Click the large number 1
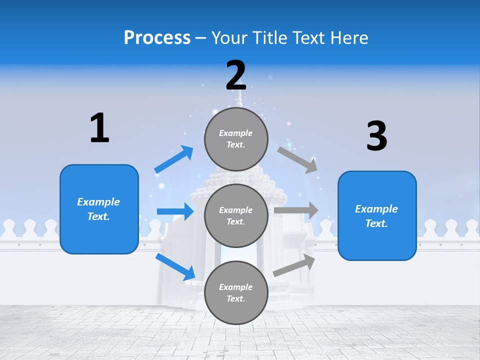[x=99, y=128]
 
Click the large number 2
[x=236, y=75]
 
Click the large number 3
[x=376, y=136]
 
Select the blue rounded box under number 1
[x=99, y=209]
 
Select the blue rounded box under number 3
[x=377, y=216]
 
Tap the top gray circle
[x=236, y=138]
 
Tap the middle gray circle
[x=236, y=215]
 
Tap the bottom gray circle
[x=236, y=292]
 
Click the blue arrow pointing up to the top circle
[x=174, y=159]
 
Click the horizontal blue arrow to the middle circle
[x=175, y=211]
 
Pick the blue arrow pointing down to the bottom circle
[x=175, y=266]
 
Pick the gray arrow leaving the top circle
[x=297, y=159]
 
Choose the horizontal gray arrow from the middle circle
[x=296, y=210]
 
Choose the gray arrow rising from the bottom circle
[x=294, y=265]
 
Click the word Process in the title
[x=157, y=37]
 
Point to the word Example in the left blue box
[x=98, y=202]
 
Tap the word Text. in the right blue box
[x=376, y=223]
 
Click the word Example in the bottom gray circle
[x=235, y=287]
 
